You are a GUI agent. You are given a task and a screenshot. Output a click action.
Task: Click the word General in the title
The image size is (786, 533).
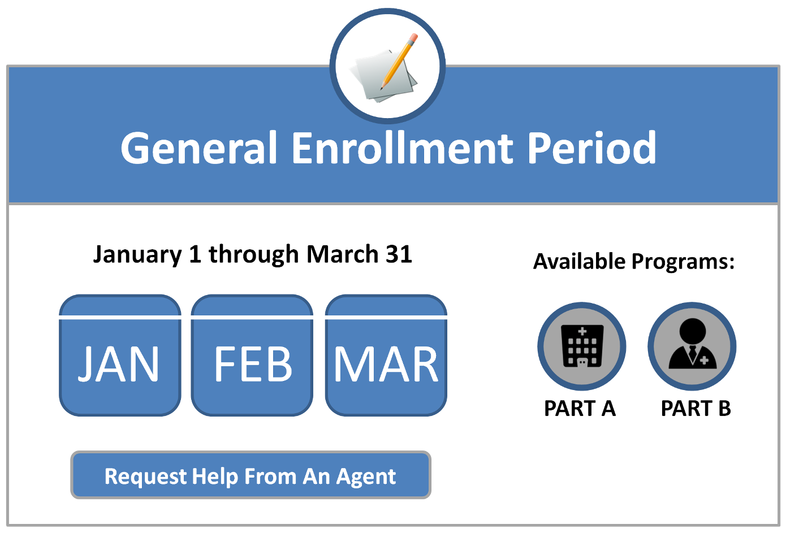coord(199,148)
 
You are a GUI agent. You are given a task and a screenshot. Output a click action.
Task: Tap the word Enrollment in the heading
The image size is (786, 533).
coord(403,148)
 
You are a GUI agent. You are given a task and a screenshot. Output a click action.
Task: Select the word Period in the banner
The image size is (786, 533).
coord(591,148)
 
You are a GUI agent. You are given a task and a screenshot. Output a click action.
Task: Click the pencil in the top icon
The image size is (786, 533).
coord(399,62)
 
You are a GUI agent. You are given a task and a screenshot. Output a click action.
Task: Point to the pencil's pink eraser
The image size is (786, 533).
coord(413,37)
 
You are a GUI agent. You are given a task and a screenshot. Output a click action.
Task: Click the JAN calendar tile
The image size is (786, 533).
coord(120,356)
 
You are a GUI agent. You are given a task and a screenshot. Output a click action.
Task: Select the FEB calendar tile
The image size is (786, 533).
coord(252,356)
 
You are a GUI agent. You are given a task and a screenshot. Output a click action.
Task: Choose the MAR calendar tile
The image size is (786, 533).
coord(386,356)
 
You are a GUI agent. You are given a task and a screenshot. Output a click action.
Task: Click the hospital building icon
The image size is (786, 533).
coord(582,346)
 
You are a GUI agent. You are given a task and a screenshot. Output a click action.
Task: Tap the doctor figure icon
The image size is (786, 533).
coord(692,344)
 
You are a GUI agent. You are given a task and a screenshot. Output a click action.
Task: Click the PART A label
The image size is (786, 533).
coord(580,409)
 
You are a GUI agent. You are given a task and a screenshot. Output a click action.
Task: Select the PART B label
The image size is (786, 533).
coord(696,409)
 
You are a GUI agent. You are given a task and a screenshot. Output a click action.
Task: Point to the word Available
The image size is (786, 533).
coord(580,261)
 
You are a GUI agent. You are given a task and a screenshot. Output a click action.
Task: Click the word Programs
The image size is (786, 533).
coord(683,262)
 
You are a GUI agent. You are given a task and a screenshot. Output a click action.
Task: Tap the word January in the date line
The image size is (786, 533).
coord(137,254)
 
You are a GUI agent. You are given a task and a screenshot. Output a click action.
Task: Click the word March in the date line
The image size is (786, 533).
coord(343,254)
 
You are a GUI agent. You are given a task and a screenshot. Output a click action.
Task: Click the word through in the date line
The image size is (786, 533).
coord(253,254)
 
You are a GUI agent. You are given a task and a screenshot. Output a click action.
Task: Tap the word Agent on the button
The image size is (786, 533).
coord(366,477)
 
